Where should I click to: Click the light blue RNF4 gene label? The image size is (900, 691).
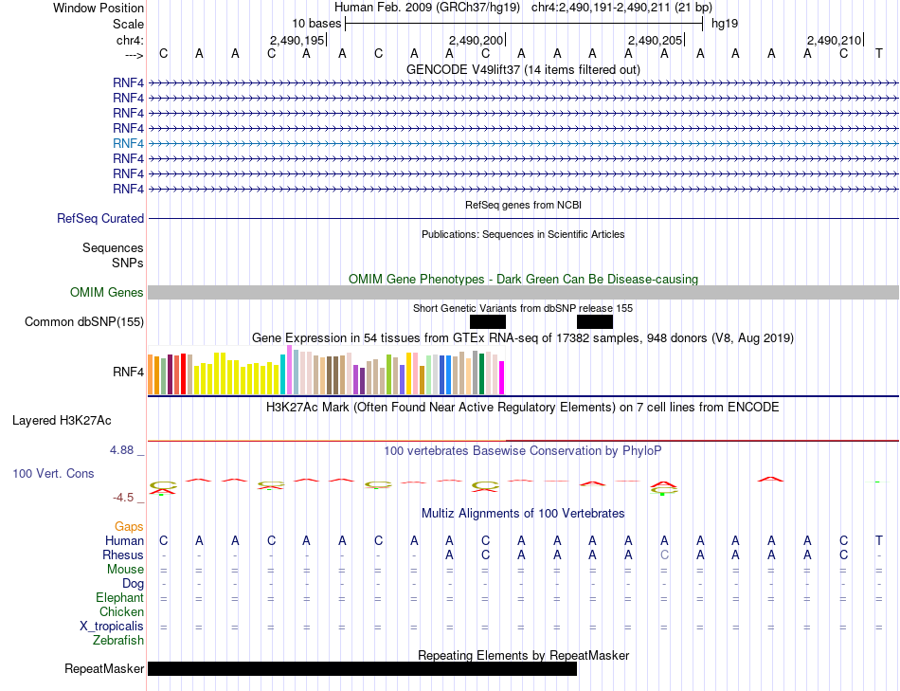[128, 143]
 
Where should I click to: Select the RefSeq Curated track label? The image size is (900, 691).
[100, 218]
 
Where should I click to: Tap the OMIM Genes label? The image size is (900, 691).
[107, 292]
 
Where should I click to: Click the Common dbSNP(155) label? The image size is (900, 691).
[84, 321]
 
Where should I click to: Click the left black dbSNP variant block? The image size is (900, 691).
[488, 321]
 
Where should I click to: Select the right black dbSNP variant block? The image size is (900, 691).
[595, 321]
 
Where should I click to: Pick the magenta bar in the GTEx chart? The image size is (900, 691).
[502, 377]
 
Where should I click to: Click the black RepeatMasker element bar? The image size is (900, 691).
[362, 668]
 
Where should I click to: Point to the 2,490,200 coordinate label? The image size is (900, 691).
[476, 40]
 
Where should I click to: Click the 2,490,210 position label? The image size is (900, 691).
[834, 40]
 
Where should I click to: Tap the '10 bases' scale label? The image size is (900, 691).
[316, 24]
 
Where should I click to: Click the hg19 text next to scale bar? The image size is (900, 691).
[725, 24]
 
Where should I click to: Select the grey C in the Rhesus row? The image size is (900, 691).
[664, 555]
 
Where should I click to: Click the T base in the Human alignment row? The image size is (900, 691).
[879, 540]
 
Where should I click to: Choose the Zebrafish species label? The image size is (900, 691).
[118, 640]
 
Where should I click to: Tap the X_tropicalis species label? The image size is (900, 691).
[112, 627]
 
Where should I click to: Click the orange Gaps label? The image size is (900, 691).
[129, 526]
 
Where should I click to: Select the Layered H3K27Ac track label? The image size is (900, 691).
[62, 421]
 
